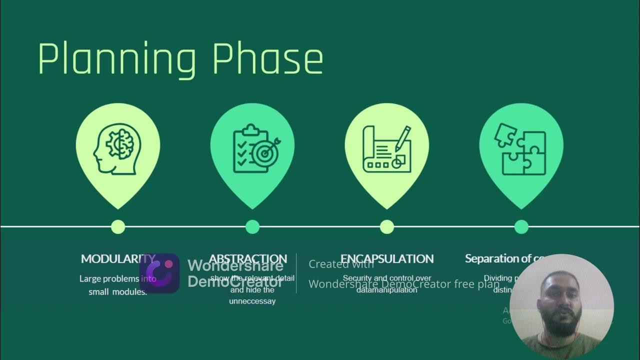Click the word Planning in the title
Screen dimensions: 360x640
(116, 60)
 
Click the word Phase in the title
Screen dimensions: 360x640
(267, 59)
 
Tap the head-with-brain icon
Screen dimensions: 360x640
(117, 149)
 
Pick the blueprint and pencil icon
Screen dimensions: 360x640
(387, 149)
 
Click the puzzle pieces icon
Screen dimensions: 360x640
(520, 149)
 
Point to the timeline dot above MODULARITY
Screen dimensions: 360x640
(118, 226)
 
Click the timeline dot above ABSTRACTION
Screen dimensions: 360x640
(252, 226)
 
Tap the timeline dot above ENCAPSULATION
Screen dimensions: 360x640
(387, 226)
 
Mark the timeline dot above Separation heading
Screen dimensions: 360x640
(521, 226)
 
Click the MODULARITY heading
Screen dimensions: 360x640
(118, 258)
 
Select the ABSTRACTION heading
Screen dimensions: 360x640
(248, 258)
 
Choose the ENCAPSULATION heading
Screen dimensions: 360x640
(387, 258)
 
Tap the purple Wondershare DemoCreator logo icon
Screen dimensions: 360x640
(159, 273)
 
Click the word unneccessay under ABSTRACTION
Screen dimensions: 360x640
(252, 301)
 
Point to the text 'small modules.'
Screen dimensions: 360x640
(118, 292)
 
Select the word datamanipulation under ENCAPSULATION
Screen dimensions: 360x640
(387, 290)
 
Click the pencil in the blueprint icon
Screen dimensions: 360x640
(403, 138)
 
